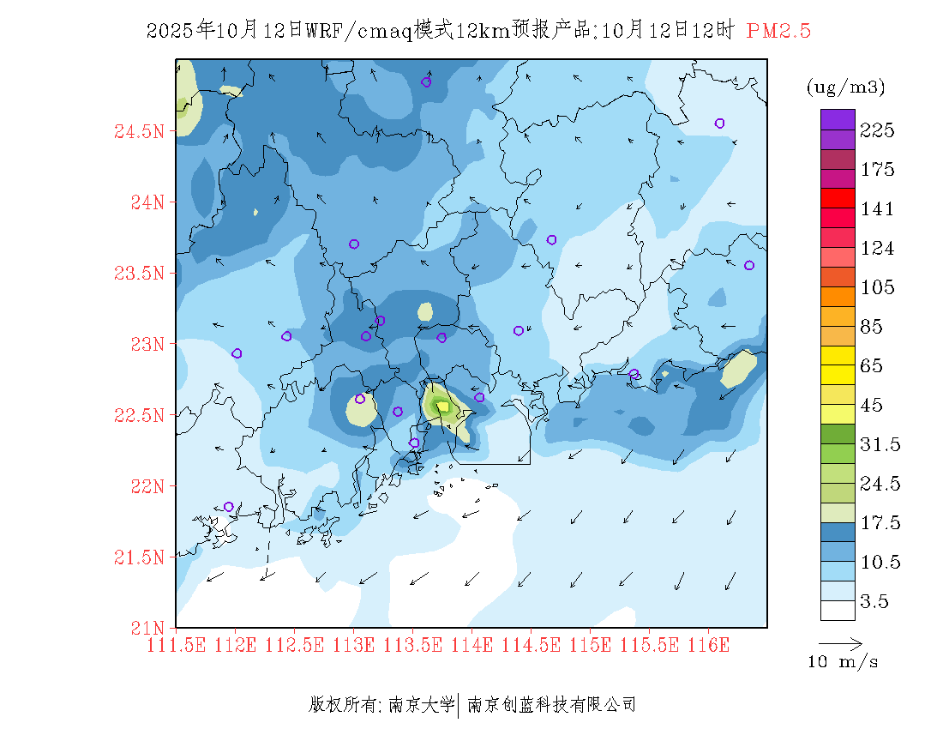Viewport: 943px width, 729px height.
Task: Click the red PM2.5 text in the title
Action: coord(778,32)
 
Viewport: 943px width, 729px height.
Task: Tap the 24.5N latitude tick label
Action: coord(138,132)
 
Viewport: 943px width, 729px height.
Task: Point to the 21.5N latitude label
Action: coord(138,557)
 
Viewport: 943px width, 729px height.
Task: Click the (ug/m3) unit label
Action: coord(845,87)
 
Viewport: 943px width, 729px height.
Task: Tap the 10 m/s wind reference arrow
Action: coord(840,642)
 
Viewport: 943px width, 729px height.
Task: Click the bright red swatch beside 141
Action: coord(838,199)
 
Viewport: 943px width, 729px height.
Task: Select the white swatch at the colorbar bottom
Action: coord(838,610)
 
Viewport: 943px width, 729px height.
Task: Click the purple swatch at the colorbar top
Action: coord(838,120)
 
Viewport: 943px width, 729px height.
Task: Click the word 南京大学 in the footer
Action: coord(422,705)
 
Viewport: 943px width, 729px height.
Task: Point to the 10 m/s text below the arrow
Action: coord(844,662)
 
